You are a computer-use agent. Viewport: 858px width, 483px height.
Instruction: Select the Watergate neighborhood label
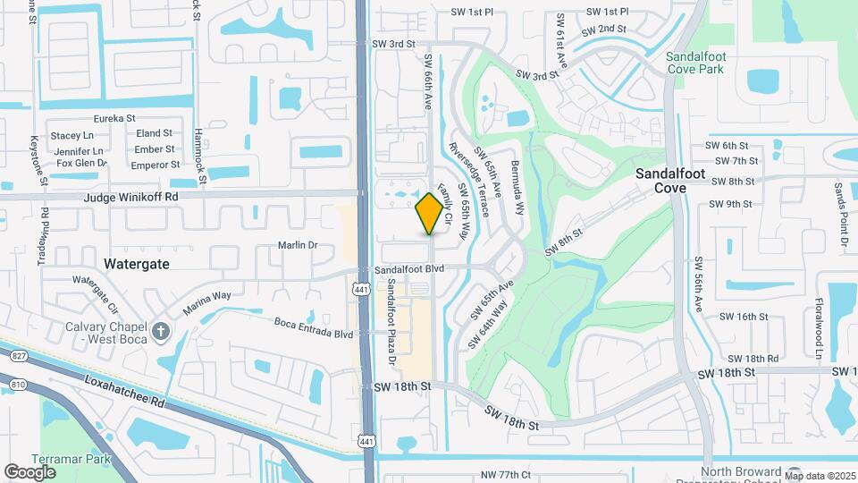136,264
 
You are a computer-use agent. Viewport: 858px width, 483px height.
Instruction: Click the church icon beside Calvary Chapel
161,333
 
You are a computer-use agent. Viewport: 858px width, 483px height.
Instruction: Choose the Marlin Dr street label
298,245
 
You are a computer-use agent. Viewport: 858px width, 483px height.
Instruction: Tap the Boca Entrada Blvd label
314,334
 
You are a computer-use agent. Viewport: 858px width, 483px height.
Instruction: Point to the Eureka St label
114,118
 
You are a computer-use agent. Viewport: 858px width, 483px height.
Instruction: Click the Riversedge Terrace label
469,180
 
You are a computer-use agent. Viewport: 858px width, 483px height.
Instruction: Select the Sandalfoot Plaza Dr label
391,323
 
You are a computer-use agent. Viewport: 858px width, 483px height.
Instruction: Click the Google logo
30,471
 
